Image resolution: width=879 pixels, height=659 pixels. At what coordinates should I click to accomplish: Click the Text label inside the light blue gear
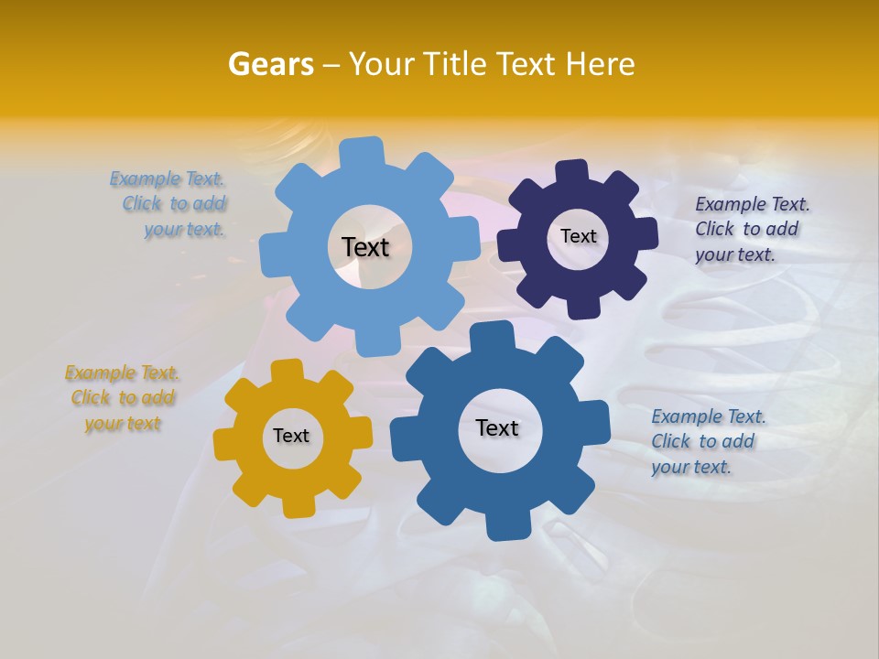click(365, 247)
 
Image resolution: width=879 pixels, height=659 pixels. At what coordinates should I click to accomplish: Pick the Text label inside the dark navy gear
click(578, 236)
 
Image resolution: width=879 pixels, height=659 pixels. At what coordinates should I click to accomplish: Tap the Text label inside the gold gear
click(291, 436)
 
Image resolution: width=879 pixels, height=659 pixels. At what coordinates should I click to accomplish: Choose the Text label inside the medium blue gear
click(497, 427)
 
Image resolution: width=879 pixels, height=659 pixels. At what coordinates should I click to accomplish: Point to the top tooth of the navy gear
click(572, 171)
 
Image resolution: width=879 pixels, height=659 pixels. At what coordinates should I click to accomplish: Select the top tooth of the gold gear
click(287, 370)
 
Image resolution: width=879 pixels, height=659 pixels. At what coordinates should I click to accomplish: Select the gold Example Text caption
click(123, 398)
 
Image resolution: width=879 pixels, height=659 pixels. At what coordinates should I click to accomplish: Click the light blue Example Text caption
click(169, 204)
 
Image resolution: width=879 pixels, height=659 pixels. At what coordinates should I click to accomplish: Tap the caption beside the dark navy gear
click(752, 229)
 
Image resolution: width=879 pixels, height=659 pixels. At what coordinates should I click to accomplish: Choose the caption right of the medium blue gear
click(708, 441)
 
